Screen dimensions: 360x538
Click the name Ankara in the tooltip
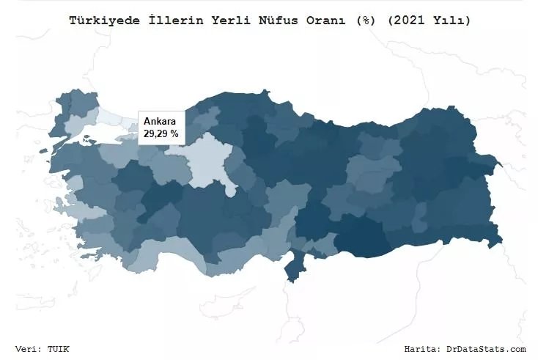[158, 121]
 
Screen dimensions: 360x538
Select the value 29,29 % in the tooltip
[161, 134]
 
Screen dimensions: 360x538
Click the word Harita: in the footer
[424, 349]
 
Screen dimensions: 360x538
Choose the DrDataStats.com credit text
[486, 349]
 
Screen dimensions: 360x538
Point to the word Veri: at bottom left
[30, 349]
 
